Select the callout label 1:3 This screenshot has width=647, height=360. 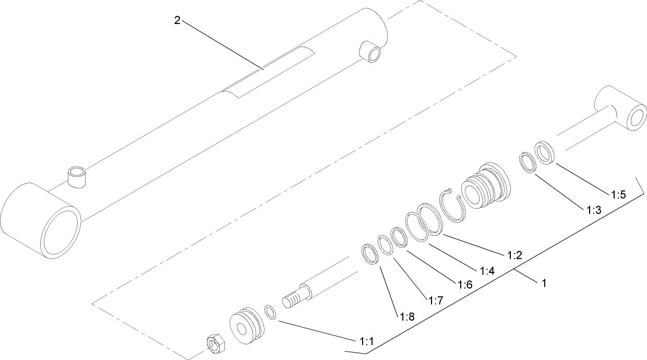[594, 210]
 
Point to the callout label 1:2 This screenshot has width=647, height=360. [514, 255]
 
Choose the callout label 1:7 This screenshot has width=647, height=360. [436, 301]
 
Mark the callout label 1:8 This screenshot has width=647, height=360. [407, 316]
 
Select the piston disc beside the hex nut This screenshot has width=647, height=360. [245, 328]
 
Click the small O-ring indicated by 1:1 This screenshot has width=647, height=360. [270, 313]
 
